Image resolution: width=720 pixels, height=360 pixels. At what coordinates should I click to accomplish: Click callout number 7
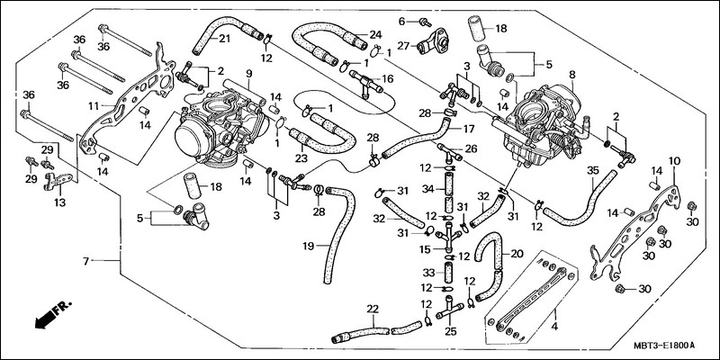pos(86,261)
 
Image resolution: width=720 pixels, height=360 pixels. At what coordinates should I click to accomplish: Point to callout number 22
pos(373,309)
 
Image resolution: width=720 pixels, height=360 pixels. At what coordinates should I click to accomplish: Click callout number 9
pos(248,73)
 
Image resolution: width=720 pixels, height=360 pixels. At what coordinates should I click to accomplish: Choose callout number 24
pos(362,35)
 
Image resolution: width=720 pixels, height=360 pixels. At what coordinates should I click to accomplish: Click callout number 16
pos(388,79)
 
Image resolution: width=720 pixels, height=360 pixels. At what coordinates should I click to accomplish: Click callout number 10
pos(674,160)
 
